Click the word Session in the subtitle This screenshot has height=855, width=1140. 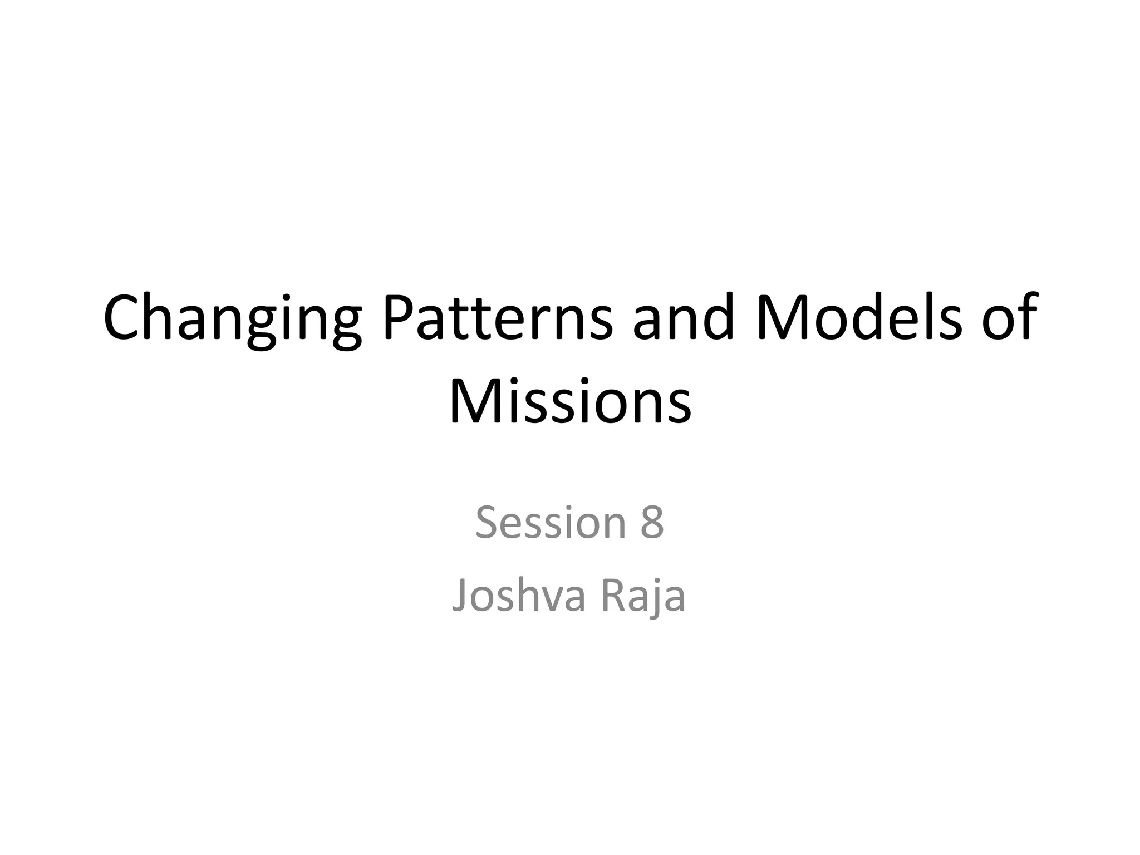point(551,523)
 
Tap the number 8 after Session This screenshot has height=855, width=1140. point(652,523)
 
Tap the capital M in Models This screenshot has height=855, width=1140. point(779,318)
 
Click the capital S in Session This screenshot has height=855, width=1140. point(487,523)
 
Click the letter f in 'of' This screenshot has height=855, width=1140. point(1028,318)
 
